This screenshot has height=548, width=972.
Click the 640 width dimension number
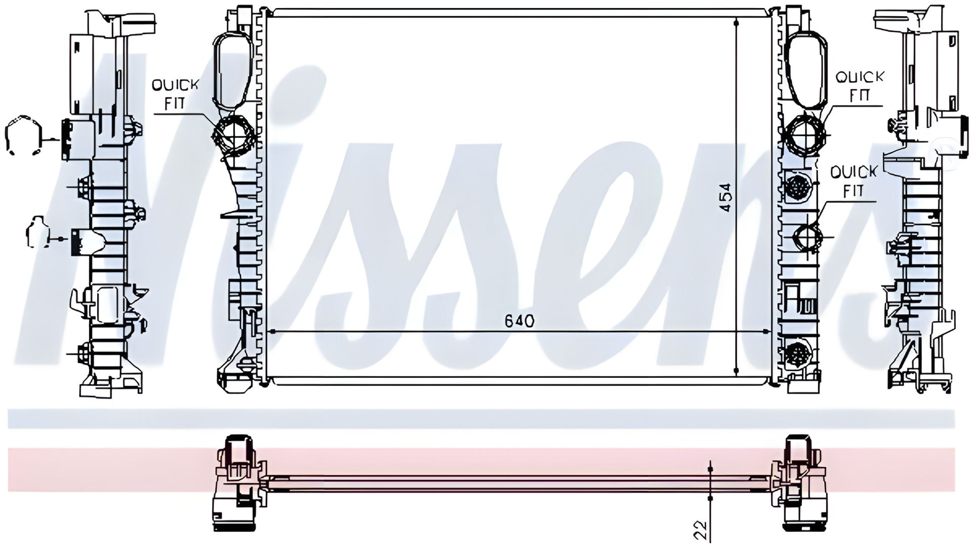[x=519, y=321]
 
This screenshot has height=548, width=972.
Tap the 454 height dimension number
[x=725, y=197]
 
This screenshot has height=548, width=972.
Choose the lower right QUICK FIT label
[x=854, y=181]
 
